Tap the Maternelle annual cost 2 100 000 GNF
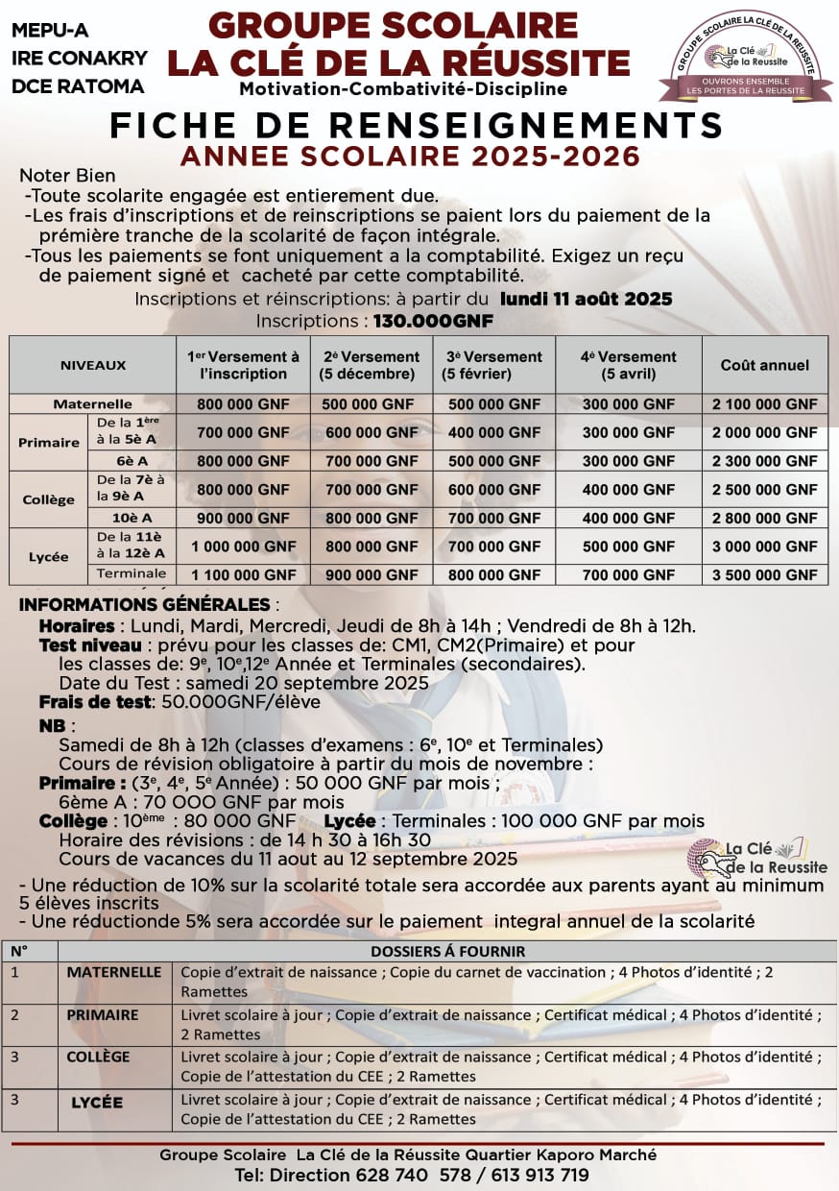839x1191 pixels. tap(764, 404)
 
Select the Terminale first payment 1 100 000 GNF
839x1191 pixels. tap(243, 575)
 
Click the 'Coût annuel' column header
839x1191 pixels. tap(764, 365)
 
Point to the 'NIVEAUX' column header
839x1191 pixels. tap(93, 365)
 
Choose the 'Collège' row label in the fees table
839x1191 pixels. tap(48, 499)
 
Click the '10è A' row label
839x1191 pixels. tap(131, 518)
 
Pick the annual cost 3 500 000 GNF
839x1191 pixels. tap(764, 575)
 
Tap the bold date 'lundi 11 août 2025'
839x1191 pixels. tap(586, 299)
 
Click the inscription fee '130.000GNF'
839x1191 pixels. tap(433, 321)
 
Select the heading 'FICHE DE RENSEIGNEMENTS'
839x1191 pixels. tap(416, 125)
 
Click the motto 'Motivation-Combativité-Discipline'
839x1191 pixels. tap(403, 89)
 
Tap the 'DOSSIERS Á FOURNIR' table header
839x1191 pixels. tap(447, 951)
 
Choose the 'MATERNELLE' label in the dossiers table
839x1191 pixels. tap(113, 972)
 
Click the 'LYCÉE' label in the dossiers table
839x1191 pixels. tap(97, 1102)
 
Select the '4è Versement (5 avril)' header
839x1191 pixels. tap(628, 365)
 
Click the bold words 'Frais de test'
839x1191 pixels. tap(95, 701)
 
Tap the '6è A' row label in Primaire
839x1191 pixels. tap(131, 461)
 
